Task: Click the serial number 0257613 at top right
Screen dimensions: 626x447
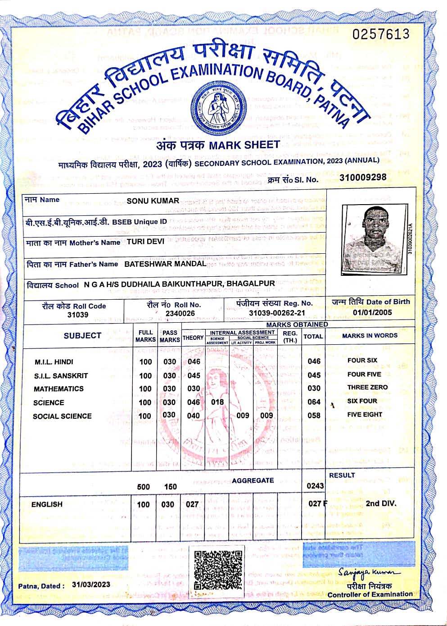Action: coord(381,34)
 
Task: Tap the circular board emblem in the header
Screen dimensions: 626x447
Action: coord(217,108)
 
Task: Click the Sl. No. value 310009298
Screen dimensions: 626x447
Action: coord(363,177)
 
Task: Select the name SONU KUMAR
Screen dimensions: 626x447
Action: coord(153,201)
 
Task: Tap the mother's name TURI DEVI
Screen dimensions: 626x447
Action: coord(145,242)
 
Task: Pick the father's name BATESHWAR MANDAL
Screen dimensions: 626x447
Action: coord(165,264)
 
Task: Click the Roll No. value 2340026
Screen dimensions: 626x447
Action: coord(180,313)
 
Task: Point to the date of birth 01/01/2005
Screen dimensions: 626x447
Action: coord(372,312)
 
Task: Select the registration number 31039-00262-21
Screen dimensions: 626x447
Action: coord(277,313)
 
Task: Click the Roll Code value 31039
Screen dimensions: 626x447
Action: coord(77,315)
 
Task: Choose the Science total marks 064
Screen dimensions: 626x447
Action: coord(314,402)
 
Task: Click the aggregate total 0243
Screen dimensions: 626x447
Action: coord(315,485)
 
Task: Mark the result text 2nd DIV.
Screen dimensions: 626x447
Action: coord(381,503)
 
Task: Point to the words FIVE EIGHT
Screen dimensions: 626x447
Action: coord(364,414)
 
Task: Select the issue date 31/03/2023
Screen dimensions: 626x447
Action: coord(91,585)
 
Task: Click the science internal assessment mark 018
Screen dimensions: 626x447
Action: coord(217,402)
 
